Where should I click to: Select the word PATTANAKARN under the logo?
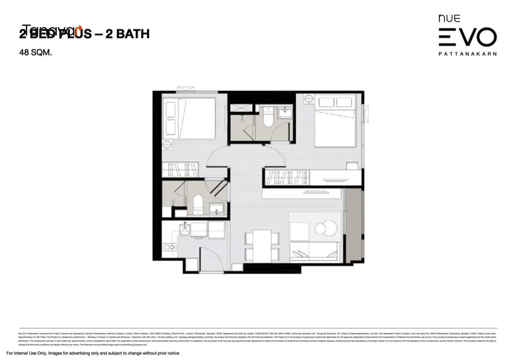[468, 54]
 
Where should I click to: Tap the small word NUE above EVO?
[449, 19]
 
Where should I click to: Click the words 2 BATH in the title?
[127, 34]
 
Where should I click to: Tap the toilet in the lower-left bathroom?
[198, 204]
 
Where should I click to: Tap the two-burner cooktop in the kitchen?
[169, 247]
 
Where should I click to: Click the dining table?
[262, 246]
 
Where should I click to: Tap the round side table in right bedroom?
[309, 99]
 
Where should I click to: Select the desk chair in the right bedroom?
[352, 166]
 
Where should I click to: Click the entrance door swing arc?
[210, 258]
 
